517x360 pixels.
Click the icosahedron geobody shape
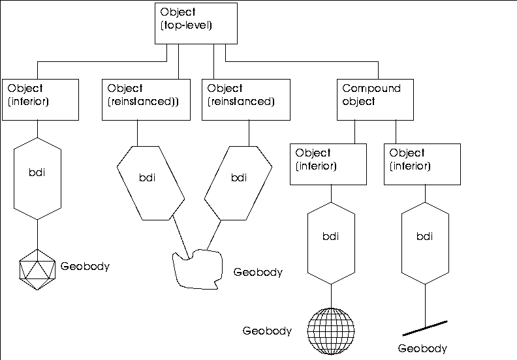(x=37, y=267)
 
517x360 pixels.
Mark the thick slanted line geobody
(x=424, y=325)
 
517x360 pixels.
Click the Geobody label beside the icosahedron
(x=85, y=266)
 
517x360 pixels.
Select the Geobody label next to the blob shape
(x=258, y=272)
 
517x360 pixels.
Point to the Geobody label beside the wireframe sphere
(x=266, y=331)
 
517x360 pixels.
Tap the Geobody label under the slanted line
(x=422, y=349)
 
